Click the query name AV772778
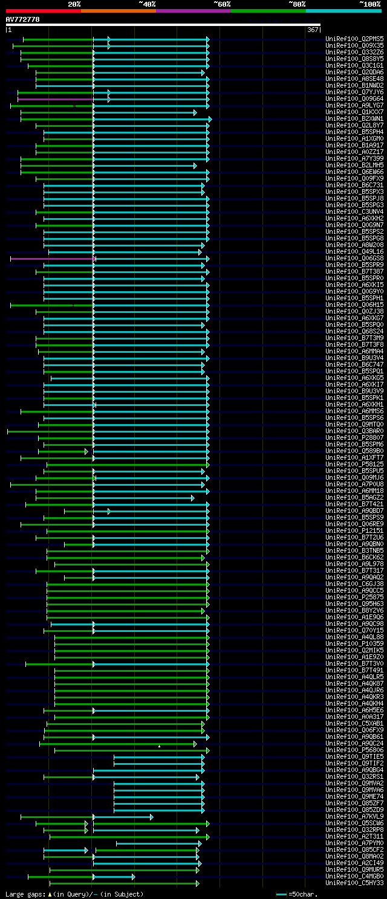coord(23,19)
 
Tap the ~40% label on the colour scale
coord(147,4)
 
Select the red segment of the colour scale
coord(43,10)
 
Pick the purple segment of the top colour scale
coord(193,10)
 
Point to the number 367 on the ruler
coord(313,30)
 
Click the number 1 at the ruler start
coord(9,30)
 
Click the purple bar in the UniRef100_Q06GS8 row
coord(52,259)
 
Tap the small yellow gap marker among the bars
coord(159,746)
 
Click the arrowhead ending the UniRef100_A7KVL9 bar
coord(151,801)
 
